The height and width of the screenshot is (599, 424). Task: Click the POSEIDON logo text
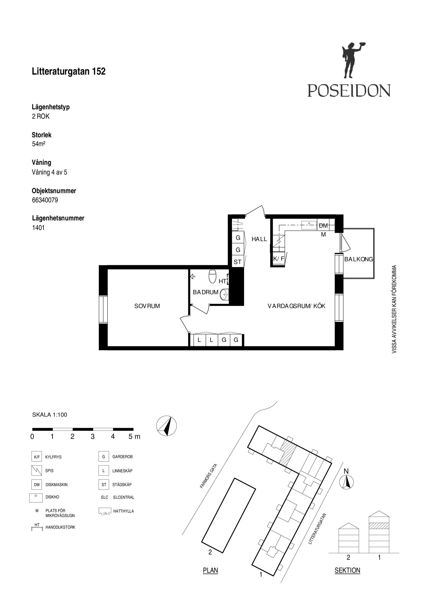tap(349, 90)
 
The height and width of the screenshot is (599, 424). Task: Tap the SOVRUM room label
tap(147, 306)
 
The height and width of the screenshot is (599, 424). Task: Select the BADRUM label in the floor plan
tap(206, 292)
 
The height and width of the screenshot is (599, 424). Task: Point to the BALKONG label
tap(359, 259)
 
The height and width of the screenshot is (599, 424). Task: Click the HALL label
tap(259, 239)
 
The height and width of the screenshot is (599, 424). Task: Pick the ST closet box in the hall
tap(238, 262)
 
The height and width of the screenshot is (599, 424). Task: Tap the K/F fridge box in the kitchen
tap(279, 258)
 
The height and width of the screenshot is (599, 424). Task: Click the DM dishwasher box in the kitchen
tap(323, 225)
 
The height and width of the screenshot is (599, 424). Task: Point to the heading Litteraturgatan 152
tap(69, 71)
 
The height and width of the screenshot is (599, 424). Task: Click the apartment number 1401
tap(38, 228)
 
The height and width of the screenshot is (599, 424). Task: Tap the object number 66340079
tap(45, 200)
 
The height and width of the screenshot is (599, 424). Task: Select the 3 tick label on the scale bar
tap(92, 437)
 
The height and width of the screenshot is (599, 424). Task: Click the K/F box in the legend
tap(37, 457)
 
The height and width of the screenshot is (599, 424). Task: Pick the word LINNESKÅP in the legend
tap(122, 471)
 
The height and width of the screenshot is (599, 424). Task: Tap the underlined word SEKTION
tap(347, 571)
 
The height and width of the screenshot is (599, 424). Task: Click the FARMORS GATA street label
tap(209, 476)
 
